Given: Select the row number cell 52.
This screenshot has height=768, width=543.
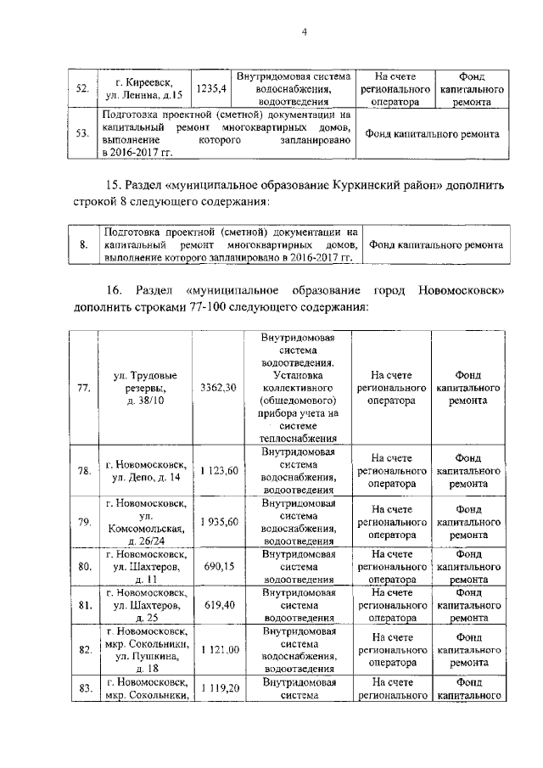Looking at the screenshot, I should click(82, 88).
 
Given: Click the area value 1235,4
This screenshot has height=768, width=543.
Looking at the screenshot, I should click(211, 87).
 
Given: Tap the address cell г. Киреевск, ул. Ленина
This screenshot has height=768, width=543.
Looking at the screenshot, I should click(143, 88).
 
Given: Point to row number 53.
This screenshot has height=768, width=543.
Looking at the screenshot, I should click(82, 132).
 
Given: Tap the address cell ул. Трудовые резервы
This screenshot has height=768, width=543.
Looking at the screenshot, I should click(144, 388).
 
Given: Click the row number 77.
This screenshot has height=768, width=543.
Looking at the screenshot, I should click(83, 389).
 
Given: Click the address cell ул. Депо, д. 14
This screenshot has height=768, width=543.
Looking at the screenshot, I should click(144, 470).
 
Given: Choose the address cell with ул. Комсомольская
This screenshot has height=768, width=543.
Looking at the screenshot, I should click(144, 522).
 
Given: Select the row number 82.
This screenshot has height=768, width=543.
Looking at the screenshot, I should click(83, 649).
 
